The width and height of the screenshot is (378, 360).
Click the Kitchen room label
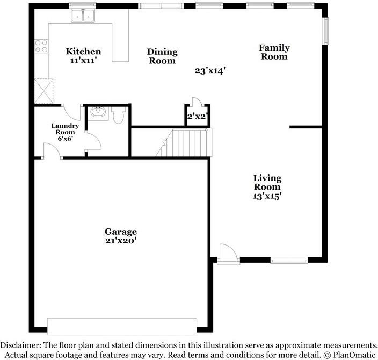pyautogui.click(x=83, y=52)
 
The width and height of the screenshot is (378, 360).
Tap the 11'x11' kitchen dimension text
pyautogui.click(x=83, y=61)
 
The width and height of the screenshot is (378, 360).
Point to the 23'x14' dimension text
pyautogui.click(x=209, y=70)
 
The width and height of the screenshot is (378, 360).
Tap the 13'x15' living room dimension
pyautogui.click(x=267, y=196)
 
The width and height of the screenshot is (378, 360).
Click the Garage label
pyautogui.click(x=121, y=232)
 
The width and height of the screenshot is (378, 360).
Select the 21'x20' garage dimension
pyautogui.click(x=121, y=241)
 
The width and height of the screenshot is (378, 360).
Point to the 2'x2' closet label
pyautogui.click(x=197, y=116)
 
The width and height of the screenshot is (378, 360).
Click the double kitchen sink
pyautogui.click(x=83, y=17)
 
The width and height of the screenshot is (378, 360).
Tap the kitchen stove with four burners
pyautogui.click(x=41, y=46)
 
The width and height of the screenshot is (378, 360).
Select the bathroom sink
pyautogui.click(x=98, y=113)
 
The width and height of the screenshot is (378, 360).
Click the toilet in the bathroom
pyautogui.click(x=119, y=115)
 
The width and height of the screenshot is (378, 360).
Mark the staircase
pyautogui.click(x=186, y=142)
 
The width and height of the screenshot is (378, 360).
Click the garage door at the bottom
pyautogui.click(x=122, y=326)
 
